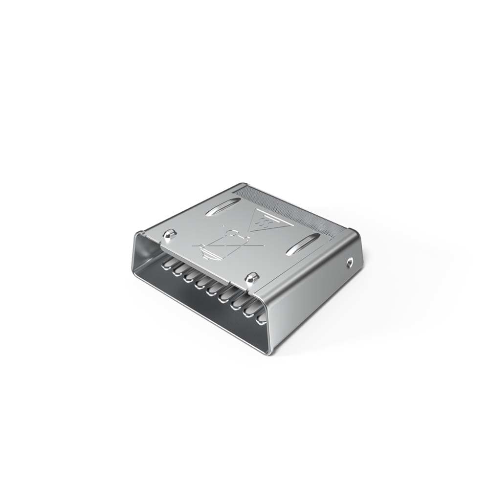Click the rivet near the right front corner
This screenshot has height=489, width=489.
[x=252, y=277]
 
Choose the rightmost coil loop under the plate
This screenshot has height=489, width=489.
[x=262, y=316]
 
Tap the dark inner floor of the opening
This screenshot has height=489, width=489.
[x=205, y=313]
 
